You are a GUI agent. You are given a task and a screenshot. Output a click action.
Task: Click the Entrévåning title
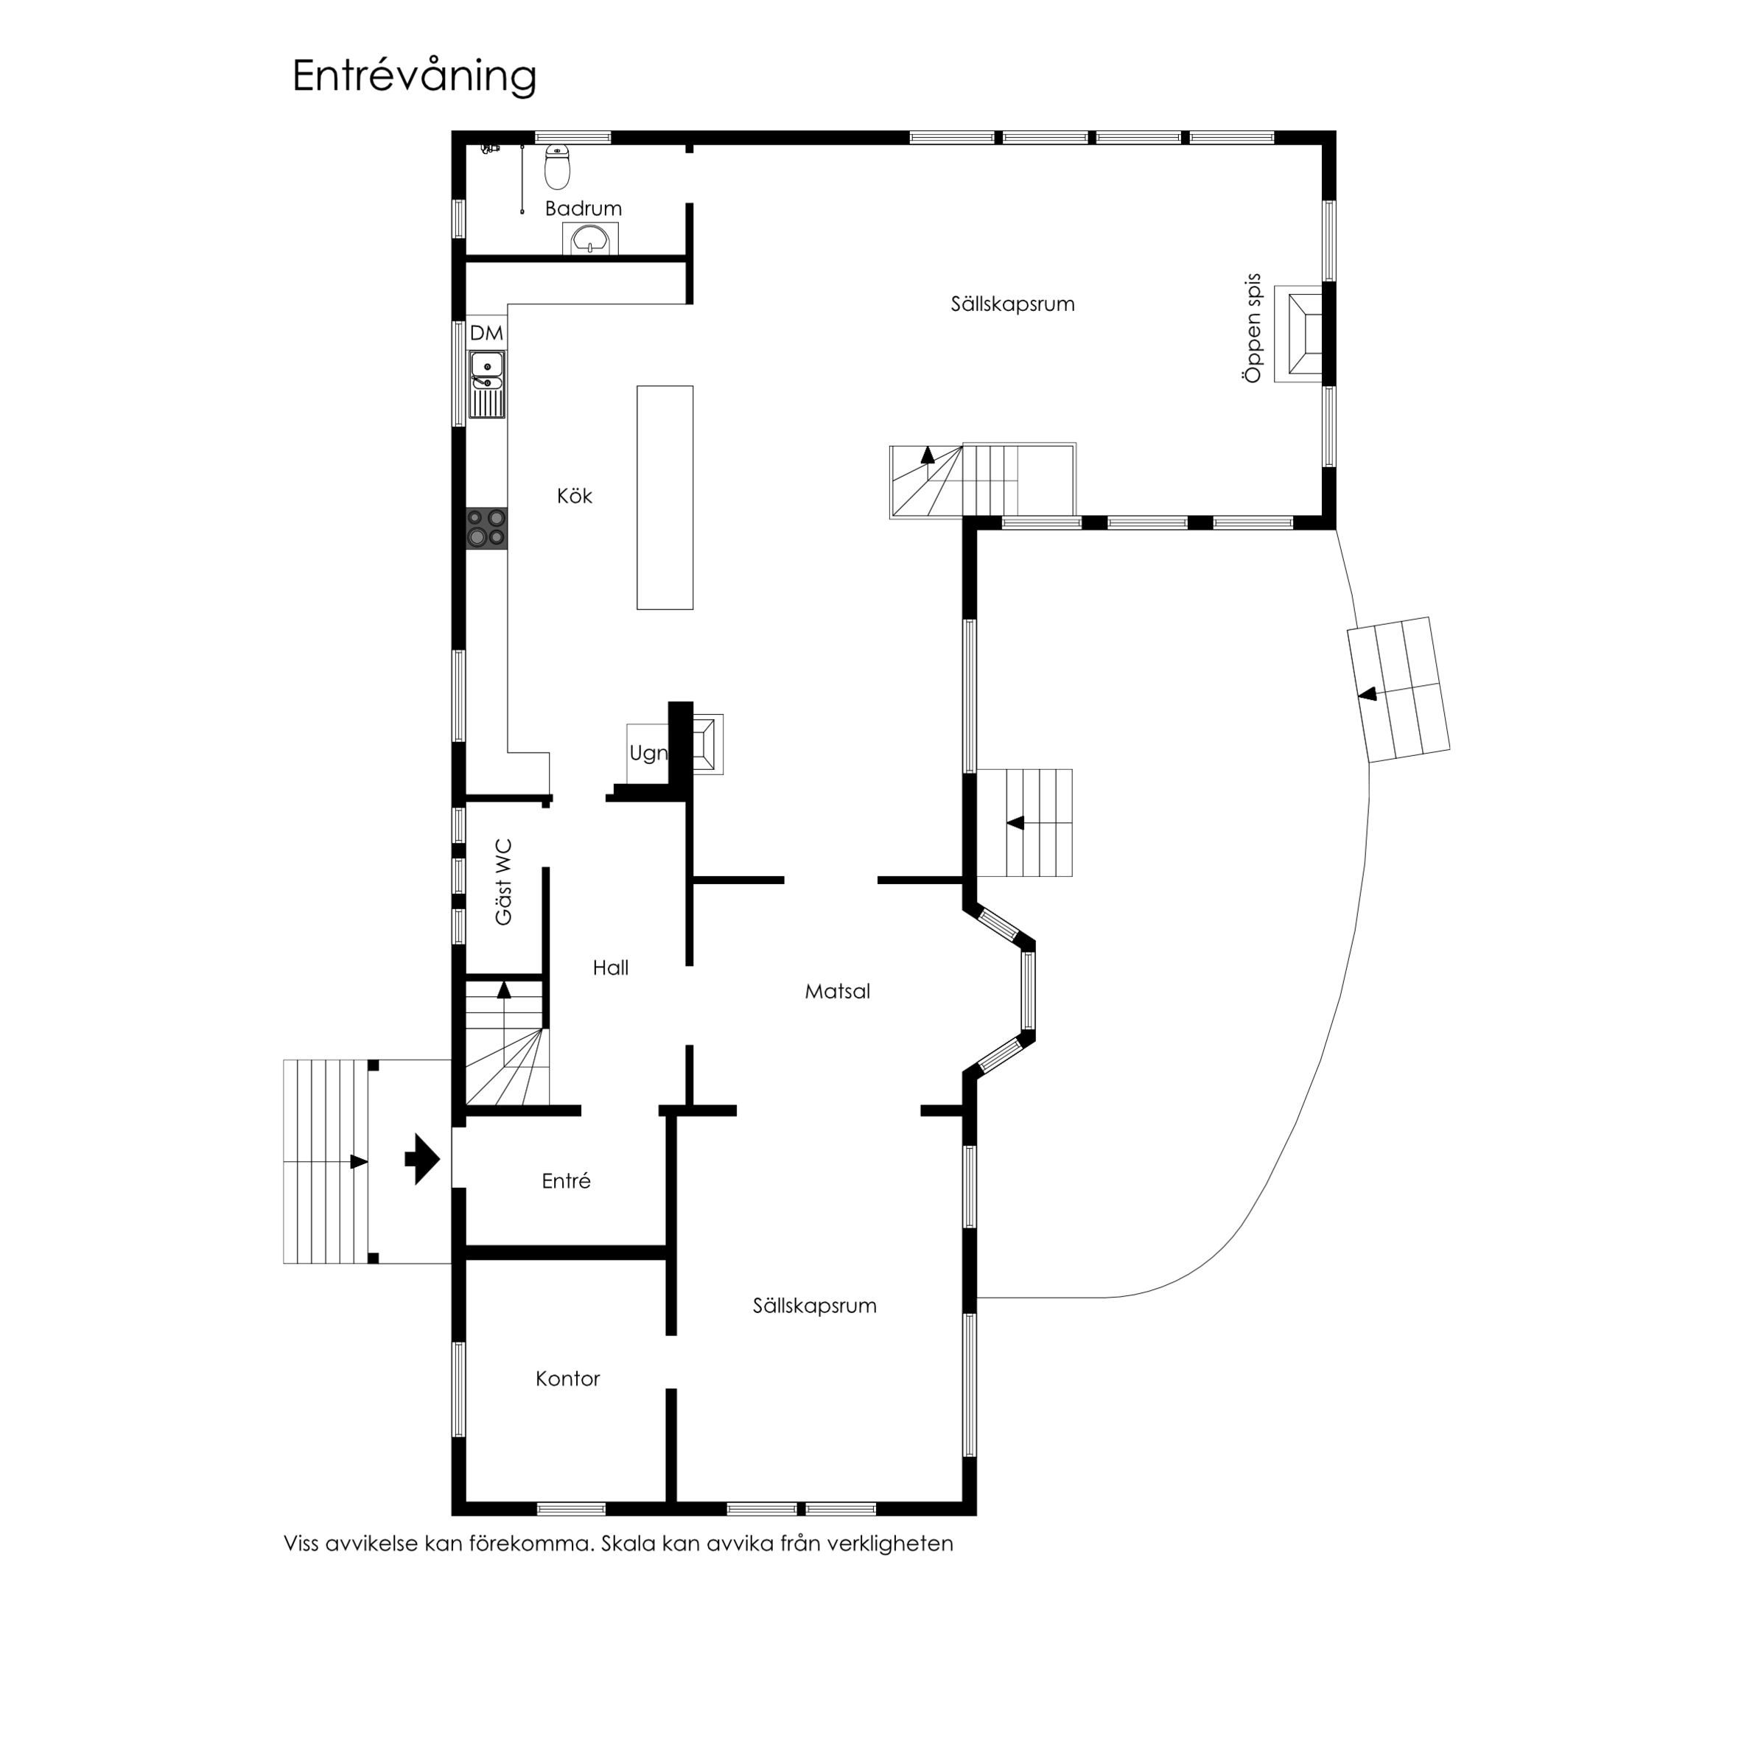(414, 77)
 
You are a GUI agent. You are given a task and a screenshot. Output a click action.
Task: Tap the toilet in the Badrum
(557, 167)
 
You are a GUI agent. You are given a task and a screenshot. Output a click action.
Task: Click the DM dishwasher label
(486, 333)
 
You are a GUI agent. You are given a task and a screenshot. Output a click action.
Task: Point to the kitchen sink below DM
(487, 384)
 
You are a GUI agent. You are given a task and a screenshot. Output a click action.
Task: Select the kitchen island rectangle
(665, 498)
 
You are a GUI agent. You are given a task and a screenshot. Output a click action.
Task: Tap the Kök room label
(574, 496)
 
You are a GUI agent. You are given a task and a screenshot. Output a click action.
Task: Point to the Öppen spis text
(1253, 329)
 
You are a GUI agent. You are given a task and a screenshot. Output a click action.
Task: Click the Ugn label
(648, 754)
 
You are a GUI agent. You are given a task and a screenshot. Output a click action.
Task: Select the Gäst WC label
(503, 883)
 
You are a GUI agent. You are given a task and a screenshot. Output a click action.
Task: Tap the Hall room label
(611, 968)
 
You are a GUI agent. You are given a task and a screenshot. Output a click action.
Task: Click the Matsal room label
(837, 992)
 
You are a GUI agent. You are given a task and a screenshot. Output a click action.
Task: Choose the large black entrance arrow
(422, 1159)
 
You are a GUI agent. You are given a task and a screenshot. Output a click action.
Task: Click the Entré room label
(566, 1181)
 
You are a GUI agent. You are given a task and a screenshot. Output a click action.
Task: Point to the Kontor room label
(568, 1379)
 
